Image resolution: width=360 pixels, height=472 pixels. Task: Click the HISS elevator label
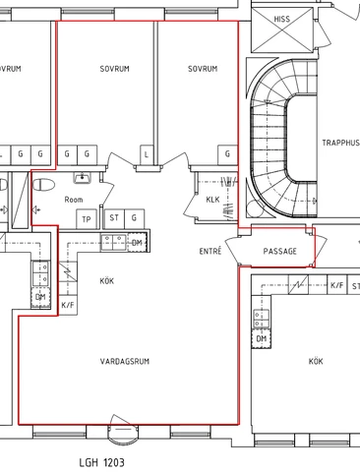282,18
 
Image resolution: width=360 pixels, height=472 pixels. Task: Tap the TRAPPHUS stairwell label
339,143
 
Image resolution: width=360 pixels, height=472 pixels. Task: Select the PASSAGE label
279,251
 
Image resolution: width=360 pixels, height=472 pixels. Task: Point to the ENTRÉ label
210,252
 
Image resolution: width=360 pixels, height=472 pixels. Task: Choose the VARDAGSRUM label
124,362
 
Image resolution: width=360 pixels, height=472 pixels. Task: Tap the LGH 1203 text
102,460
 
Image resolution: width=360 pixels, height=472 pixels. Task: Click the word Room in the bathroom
74,199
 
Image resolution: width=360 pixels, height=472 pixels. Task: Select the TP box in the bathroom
87,218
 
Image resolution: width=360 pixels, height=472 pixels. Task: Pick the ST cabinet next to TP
114,218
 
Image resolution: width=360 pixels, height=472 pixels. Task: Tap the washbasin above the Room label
84,178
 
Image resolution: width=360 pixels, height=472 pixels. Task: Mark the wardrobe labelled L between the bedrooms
147,154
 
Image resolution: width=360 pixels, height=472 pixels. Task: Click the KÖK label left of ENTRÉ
107,281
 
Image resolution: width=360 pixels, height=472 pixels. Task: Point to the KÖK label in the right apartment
315,362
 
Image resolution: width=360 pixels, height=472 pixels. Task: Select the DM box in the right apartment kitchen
262,338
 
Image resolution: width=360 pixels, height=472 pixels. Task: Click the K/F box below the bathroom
68,306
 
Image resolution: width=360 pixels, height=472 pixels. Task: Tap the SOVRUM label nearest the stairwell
202,69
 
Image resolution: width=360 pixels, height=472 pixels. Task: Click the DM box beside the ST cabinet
137,242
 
